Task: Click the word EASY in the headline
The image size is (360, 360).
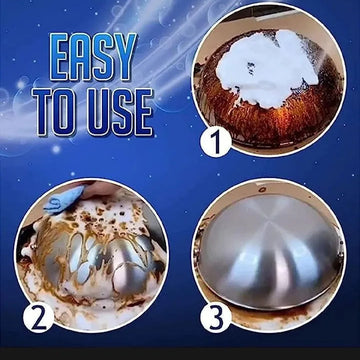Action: point(93,57)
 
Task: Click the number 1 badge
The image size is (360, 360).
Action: point(216,142)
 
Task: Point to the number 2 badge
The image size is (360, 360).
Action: point(38,317)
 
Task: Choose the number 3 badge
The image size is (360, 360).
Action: point(216,317)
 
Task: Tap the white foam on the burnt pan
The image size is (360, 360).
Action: point(267,67)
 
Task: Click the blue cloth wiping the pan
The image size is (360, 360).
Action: point(63,199)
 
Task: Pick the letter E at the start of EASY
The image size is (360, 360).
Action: point(59,57)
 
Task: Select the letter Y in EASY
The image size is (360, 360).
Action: point(126,57)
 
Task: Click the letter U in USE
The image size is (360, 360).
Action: point(101,112)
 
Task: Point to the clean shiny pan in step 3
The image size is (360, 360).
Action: point(269,253)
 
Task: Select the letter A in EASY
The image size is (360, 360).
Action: point(82,57)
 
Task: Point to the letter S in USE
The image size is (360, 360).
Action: point(123,112)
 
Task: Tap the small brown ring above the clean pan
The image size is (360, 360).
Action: point(262,190)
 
